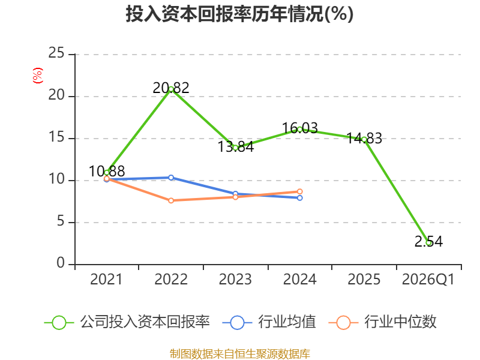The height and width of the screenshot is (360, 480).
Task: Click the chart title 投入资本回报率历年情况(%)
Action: [239, 14]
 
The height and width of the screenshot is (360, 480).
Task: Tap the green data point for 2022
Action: [171, 89]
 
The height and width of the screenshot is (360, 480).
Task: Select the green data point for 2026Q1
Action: [428, 243]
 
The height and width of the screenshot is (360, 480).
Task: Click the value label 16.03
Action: [299, 128]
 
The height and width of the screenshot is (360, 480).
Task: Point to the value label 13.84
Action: [236, 146]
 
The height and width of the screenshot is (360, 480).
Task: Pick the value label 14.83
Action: [364, 139]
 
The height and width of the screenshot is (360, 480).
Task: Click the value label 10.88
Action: [107, 171]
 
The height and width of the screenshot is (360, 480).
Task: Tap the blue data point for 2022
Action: [171, 178]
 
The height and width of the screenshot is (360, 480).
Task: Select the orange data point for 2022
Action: [171, 200]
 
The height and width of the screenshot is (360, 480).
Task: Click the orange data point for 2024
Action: [299, 191]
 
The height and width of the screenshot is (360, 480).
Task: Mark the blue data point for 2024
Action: [299, 198]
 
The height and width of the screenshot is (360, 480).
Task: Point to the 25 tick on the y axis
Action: [56, 53]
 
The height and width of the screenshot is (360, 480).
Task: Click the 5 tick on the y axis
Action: [61, 221]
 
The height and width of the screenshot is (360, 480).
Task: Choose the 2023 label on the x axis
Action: [235, 279]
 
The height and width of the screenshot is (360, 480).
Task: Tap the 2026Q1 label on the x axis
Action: [428, 280]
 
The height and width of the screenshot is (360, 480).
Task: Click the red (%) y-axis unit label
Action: [38, 76]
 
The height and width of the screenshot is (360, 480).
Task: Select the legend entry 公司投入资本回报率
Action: [127, 322]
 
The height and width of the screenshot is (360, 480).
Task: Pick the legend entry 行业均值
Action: [269, 322]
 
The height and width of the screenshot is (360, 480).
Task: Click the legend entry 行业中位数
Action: [382, 322]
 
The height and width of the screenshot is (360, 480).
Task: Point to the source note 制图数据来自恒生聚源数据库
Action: [240, 354]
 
